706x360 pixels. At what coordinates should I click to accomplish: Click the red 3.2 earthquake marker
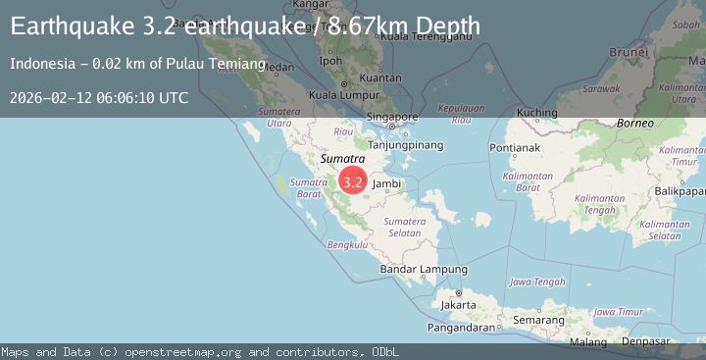(353, 181)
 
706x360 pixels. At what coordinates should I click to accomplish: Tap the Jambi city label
(386, 183)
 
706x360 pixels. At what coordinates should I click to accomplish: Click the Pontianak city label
(516, 147)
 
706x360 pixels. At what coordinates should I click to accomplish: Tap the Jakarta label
(458, 304)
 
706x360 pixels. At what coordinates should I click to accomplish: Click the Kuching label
(536, 113)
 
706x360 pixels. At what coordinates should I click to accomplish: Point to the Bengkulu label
(346, 244)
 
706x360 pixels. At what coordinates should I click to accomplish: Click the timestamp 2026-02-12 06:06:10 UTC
(99, 98)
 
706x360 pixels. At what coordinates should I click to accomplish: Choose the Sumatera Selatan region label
(404, 227)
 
